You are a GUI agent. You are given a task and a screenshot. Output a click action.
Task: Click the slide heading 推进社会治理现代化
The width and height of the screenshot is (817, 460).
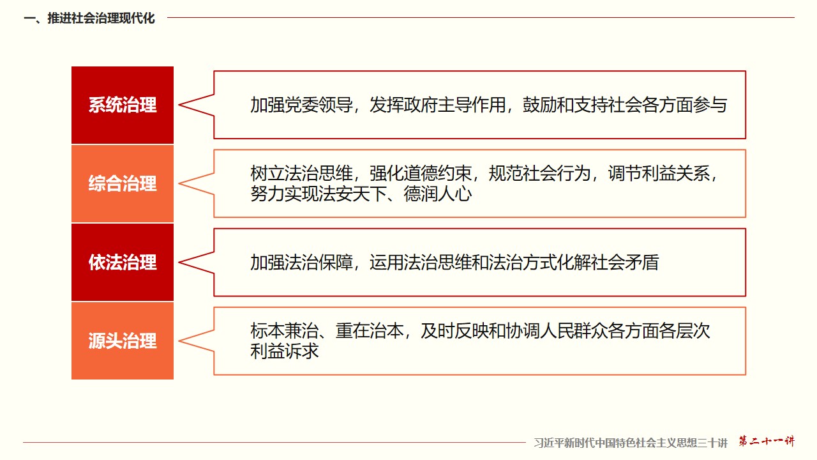101,19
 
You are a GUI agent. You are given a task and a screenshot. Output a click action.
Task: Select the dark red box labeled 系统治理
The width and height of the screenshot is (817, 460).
123,105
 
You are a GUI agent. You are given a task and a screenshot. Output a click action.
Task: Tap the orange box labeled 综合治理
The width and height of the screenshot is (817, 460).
123,183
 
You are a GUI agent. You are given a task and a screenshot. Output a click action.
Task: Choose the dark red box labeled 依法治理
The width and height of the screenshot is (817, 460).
123,263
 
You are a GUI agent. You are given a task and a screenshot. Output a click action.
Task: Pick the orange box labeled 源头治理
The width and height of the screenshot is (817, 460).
123,341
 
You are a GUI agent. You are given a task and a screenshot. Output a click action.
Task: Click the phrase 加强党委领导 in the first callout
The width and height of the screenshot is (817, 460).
302,105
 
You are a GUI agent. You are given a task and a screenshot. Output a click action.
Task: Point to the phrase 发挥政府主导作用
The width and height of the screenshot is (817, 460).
437,105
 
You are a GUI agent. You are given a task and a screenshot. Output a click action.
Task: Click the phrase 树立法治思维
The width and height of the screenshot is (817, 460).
302,173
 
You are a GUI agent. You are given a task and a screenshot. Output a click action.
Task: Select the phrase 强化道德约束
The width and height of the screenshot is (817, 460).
421,173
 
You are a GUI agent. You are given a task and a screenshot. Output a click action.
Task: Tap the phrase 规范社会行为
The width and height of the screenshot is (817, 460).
540,173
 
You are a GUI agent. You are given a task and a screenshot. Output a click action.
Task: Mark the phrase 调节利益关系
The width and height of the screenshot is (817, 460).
659,173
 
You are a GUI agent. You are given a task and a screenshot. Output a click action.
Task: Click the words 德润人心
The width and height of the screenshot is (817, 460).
438,194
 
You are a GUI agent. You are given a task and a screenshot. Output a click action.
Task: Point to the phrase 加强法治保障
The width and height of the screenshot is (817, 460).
302,263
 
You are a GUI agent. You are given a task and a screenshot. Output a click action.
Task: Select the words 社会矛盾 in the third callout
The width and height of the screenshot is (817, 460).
625,263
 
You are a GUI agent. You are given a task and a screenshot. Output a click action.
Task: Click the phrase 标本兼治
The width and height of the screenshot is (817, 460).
285,331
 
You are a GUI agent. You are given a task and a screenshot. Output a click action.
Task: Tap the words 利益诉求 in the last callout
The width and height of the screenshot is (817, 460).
285,351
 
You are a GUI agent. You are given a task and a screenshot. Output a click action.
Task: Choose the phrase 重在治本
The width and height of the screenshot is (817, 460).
370,331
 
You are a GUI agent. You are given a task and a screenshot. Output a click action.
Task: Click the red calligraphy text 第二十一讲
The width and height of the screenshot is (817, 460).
767,441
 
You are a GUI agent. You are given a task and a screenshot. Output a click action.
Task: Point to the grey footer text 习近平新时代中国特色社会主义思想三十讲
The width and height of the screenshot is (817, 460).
631,443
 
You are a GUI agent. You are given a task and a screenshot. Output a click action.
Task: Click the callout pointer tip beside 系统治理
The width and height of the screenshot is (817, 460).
179,105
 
